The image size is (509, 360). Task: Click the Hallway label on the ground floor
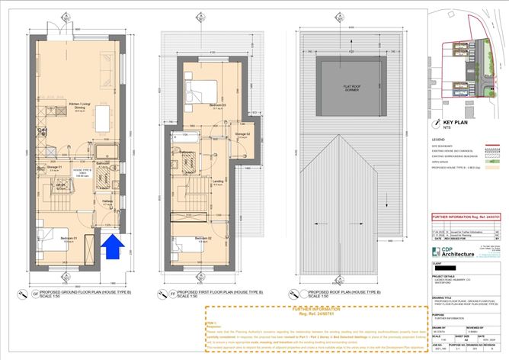(x=107, y=201)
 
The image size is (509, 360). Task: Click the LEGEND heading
(x=438, y=140)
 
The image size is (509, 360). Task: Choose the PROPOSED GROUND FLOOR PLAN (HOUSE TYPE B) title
(x=77, y=292)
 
